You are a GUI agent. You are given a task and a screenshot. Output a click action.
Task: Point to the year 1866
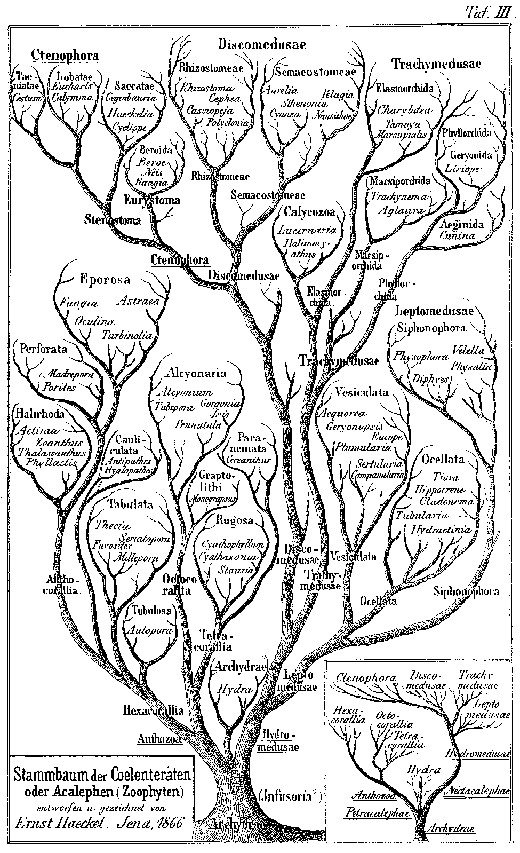point(166,823)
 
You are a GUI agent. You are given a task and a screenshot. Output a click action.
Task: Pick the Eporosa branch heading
point(105,279)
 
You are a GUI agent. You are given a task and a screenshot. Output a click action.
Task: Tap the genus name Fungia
point(79,303)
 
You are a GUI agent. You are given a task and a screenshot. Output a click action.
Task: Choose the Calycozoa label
point(309,212)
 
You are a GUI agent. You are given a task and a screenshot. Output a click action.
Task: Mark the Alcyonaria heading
point(196,373)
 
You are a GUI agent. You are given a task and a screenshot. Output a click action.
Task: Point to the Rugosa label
point(234,520)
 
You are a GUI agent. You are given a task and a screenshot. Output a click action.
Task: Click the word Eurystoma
point(151,201)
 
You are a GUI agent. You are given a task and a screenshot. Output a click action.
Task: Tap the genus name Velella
point(468,351)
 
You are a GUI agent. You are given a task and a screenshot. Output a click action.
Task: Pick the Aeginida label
point(461,224)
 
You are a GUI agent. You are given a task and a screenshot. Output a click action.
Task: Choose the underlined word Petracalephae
point(373,813)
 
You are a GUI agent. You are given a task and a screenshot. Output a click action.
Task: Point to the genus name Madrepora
point(69,374)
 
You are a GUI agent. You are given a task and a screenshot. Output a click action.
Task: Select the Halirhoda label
point(40,414)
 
